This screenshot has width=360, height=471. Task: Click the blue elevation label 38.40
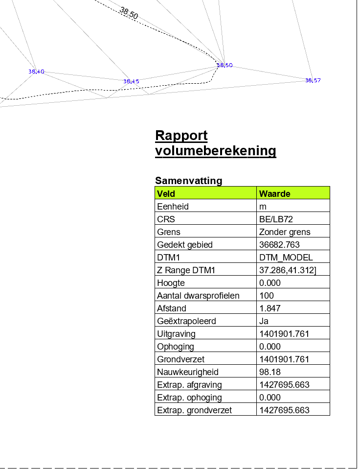point(36,71)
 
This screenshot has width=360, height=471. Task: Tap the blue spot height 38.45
point(131,81)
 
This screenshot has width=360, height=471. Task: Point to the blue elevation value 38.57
point(313,80)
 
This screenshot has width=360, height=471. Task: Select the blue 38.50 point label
point(225,65)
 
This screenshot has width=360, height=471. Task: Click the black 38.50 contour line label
point(129,13)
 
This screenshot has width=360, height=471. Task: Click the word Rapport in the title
point(181,136)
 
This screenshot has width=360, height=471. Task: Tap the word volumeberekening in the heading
point(215,150)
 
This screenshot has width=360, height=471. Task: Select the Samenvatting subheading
point(189,181)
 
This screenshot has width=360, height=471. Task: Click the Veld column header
point(166,194)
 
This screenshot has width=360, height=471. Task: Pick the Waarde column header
point(275,194)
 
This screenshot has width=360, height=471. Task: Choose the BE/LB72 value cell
point(276,219)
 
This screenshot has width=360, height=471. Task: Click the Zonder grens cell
point(285,232)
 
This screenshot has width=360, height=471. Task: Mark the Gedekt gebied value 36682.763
point(279,244)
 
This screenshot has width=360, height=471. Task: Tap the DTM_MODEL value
point(286,258)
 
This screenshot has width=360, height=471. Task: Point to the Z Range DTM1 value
point(288,270)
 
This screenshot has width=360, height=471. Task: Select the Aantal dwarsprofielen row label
point(198,296)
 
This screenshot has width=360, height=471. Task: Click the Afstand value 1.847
point(270,308)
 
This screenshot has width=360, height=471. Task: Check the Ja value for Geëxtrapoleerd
point(264,321)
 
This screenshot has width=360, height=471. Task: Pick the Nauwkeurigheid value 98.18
point(270,372)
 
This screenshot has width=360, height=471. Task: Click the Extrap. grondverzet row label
point(194,410)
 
